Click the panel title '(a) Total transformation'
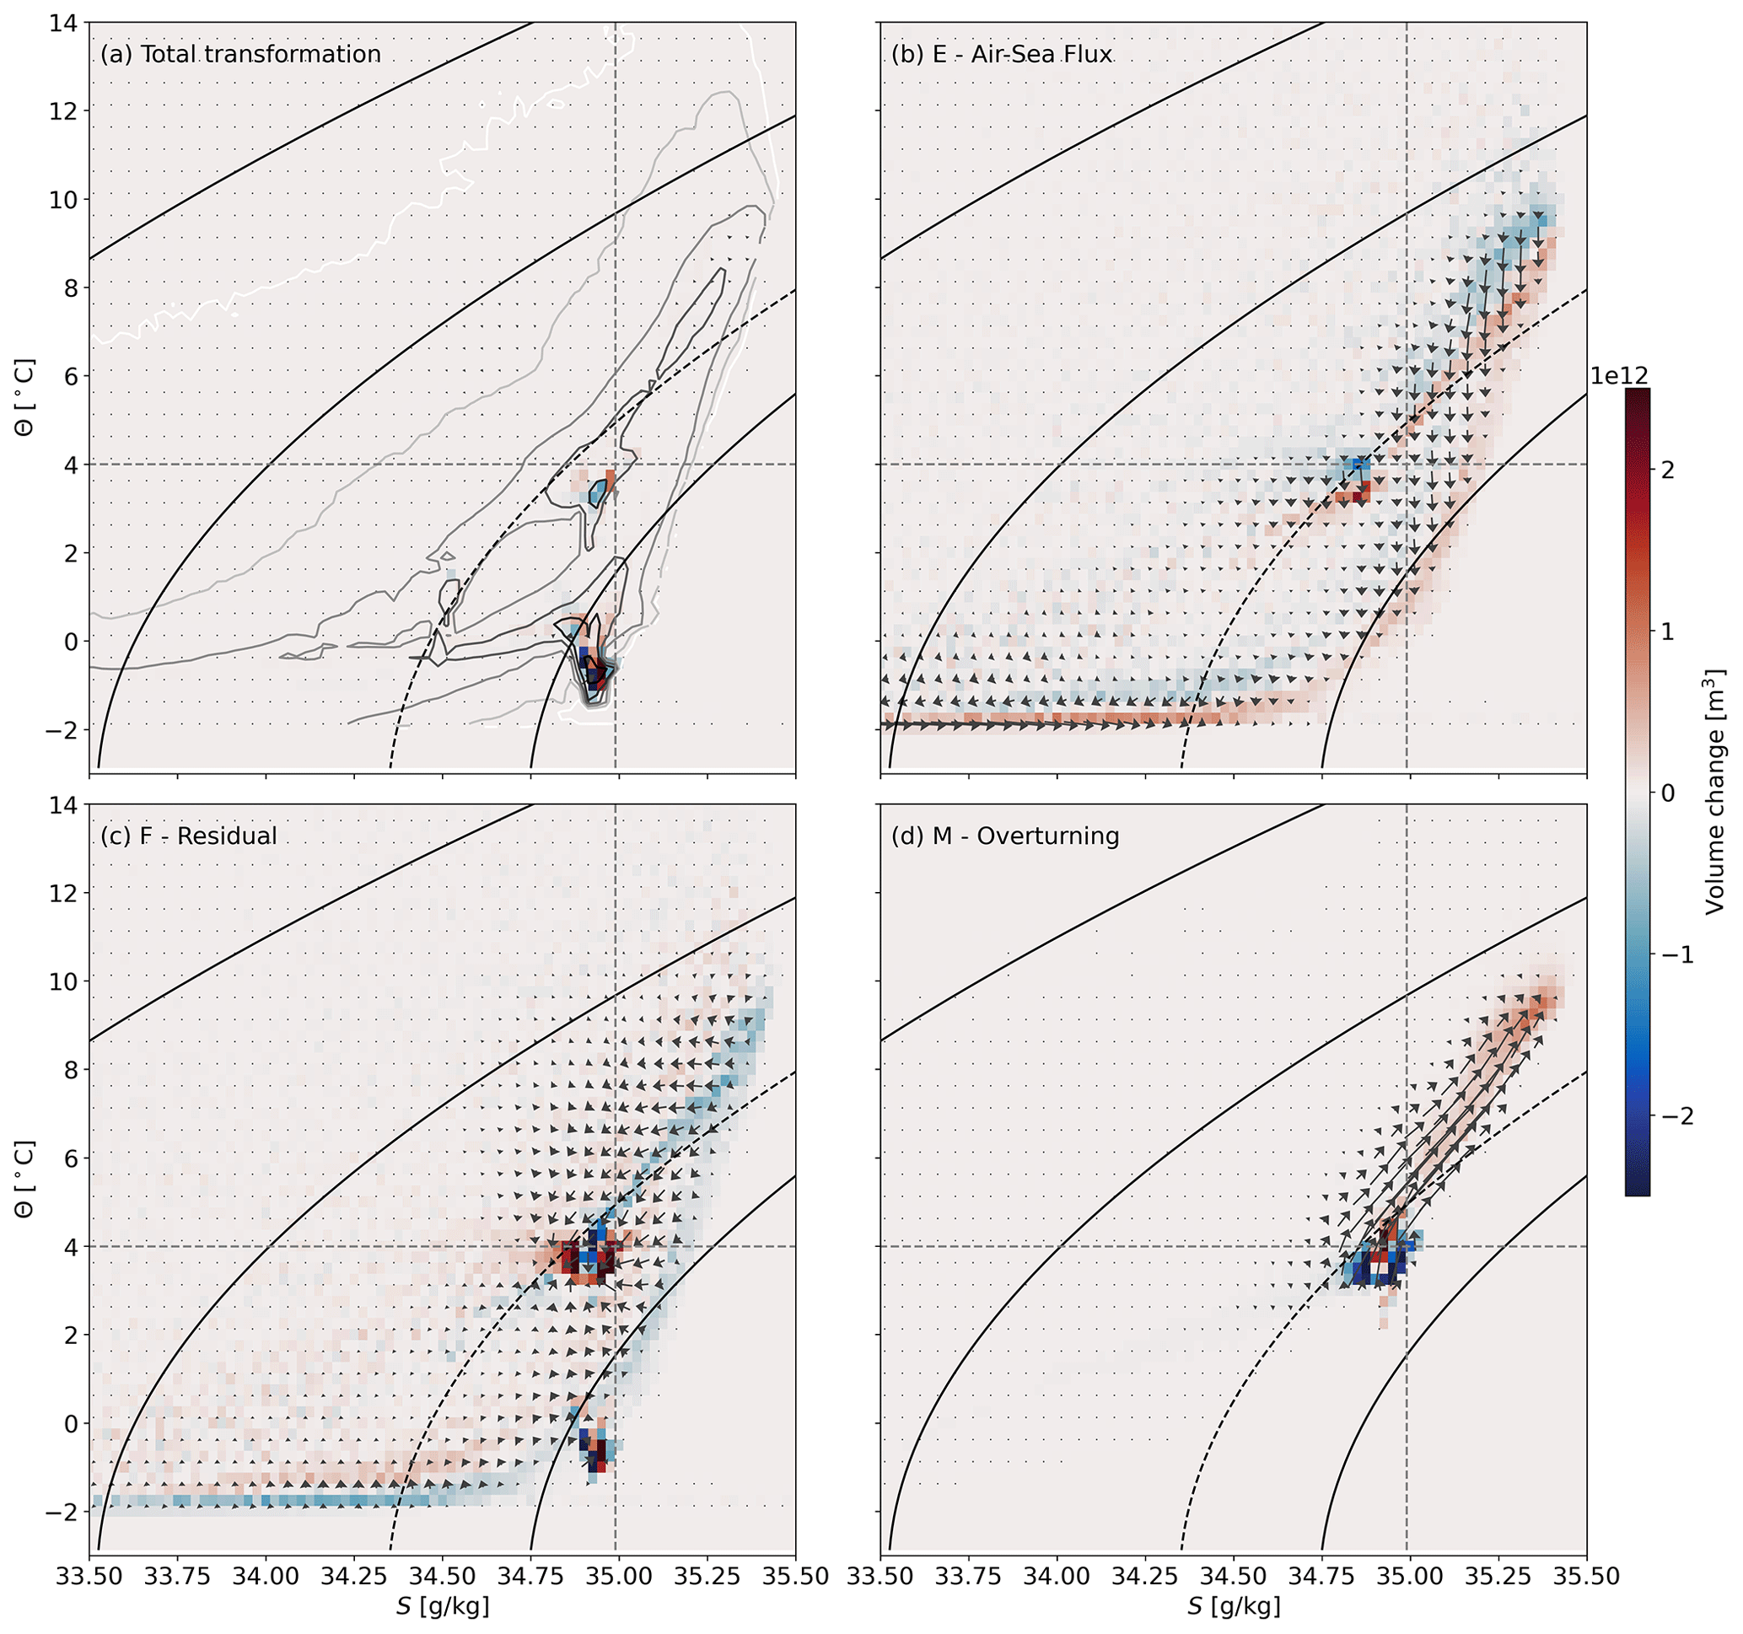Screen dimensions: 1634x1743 coord(240,54)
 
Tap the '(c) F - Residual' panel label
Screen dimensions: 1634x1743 coord(189,836)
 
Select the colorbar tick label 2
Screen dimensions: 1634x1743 coord(1667,470)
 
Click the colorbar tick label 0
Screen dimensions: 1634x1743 coord(1667,793)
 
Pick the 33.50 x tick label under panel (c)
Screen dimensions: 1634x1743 coord(89,1576)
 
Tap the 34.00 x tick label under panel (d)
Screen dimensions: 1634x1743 coord(1057,1576)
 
